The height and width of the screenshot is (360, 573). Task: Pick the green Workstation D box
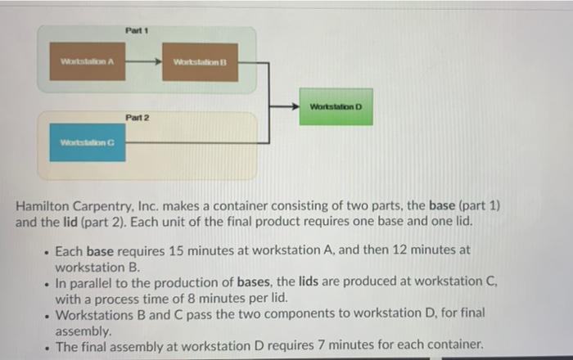[x=335, y=107]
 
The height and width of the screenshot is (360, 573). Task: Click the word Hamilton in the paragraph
[x=46, y=206]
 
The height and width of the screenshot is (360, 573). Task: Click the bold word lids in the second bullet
[x=326, y=283]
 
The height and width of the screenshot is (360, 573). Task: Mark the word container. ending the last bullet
[x=454, y=346]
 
